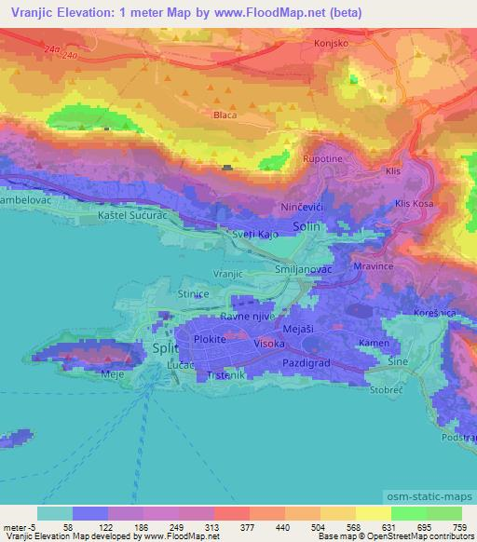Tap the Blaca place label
click(x=224, y=115)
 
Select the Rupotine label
click(x=322, y=159)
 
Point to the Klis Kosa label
click(x=415, y=202)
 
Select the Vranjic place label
click(x=228, y=274)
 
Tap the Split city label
click(x=160, y=347)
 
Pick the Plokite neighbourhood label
click(x=210, y=340)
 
